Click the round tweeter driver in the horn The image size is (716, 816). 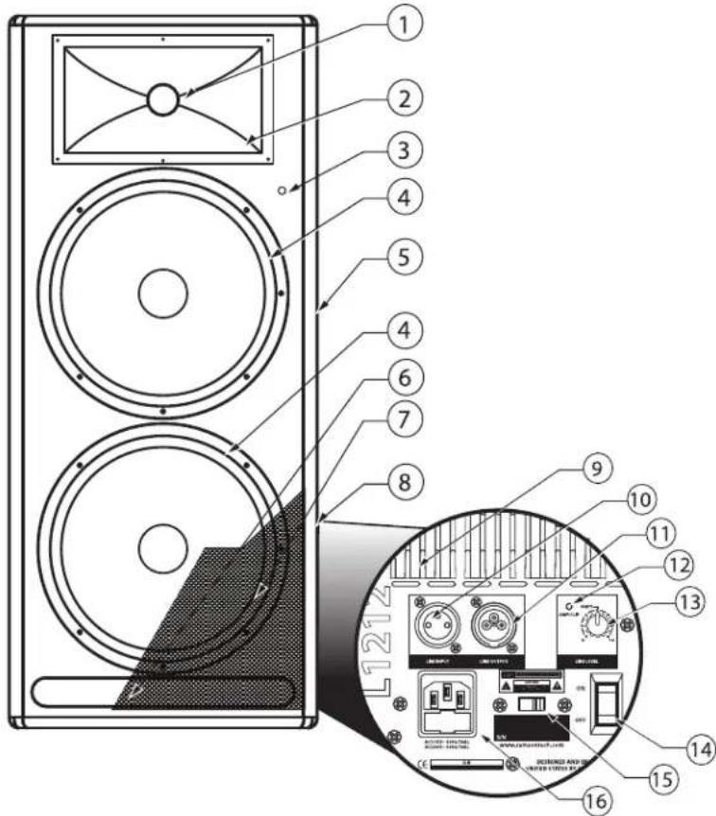tap(162, 99)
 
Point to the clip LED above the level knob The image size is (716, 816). tap(566, 606)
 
